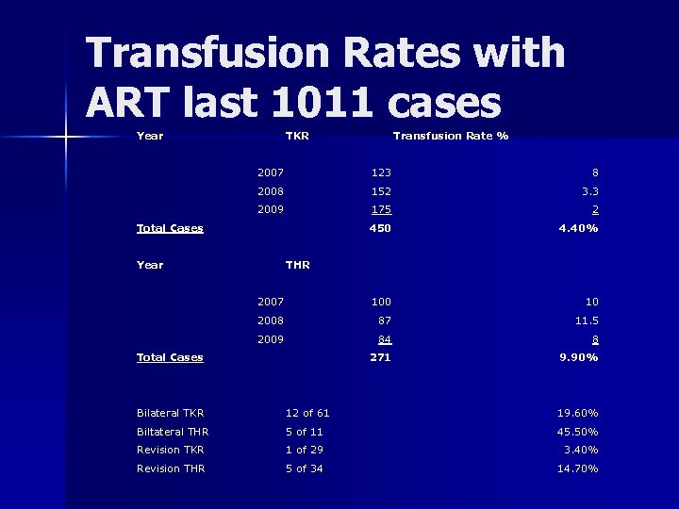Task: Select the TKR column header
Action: [297, 136]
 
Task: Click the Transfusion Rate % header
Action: [450, 136]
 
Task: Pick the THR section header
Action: [297, 265]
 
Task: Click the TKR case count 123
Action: [381, 172]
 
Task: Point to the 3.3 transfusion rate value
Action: [588, 191]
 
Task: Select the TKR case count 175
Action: [381, 209]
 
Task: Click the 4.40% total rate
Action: [577, 228]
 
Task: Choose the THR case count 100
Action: [381, 302]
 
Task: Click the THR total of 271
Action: [381, 357]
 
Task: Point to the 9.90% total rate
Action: [577, 357]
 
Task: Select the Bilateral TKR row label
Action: [171, 413]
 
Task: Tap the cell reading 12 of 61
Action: [307, 413]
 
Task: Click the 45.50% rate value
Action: [577, 432]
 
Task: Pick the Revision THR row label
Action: [171, 468]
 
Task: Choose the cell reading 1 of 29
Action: [305, 450]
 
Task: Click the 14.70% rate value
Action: [577, 468]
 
